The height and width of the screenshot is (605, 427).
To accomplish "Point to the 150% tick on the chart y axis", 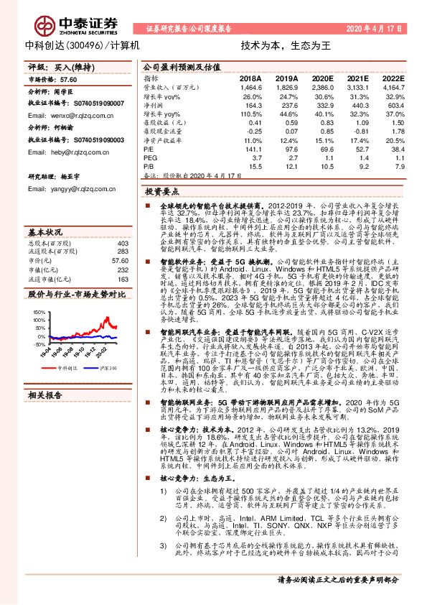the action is click(x=39, y=311).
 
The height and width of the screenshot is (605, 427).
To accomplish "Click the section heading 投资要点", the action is click(x=162, y=192).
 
